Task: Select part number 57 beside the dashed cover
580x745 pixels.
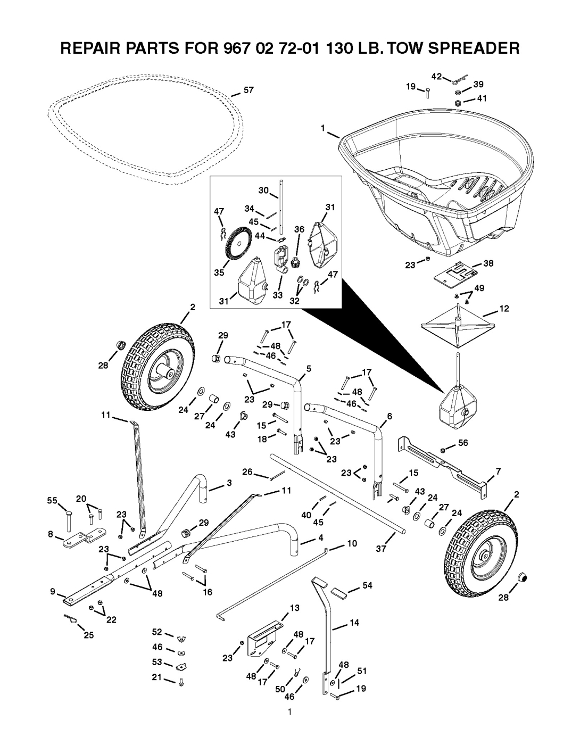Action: point(248,91)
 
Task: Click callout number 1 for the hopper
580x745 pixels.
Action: point(322,128)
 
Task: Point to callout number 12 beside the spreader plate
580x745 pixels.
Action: point(504,309)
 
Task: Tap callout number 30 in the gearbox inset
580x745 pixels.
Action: point(262,190)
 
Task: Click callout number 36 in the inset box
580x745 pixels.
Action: point(300,229)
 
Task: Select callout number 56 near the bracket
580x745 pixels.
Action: point(463,442)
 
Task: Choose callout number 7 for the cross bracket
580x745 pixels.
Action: point(499,471)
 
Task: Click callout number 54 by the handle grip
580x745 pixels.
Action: point(367,585)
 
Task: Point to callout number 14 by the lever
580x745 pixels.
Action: point(354,622)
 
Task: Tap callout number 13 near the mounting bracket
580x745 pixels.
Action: point(294,607)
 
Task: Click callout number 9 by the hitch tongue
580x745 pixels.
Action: point(53,591)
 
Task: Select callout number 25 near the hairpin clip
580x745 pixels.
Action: point(88,635)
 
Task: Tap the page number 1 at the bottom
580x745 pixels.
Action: point(289,713)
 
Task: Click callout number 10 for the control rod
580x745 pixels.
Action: point(352,543)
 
